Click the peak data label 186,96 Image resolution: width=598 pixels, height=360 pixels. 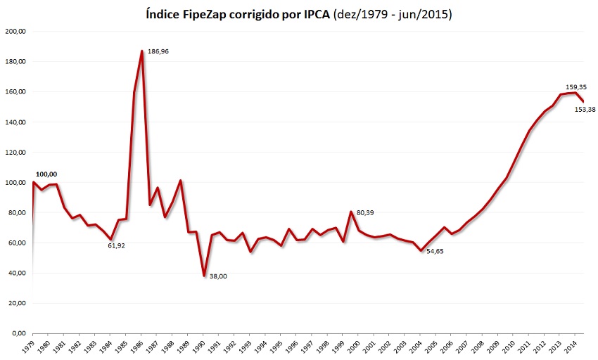(x=159, y=51)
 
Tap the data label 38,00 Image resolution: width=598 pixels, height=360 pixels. (x=219, y=276)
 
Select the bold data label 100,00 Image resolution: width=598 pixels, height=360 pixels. (x=46, y=174)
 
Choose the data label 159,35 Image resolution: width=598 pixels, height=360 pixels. (x=575, y=86)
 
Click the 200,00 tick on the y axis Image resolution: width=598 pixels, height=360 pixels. (x=15, y=32)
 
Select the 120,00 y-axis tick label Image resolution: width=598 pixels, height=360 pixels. (x=15, y=153)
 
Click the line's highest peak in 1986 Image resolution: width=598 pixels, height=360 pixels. (x=142, y=51)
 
